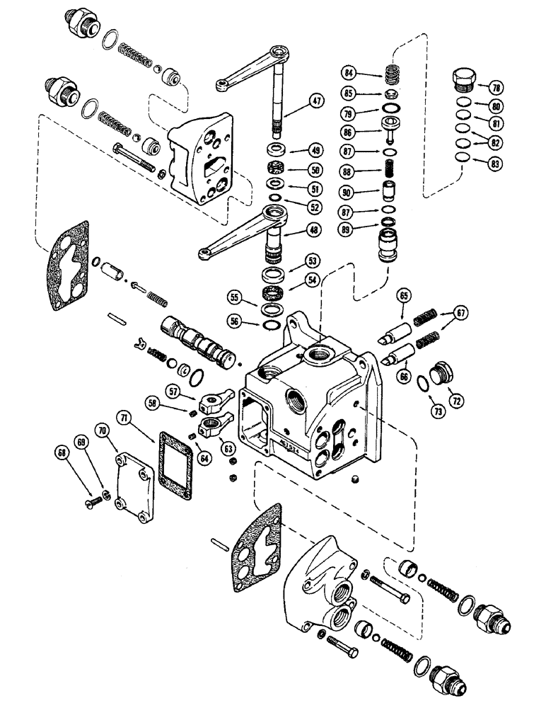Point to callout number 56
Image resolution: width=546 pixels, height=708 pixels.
coord(233,321)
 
